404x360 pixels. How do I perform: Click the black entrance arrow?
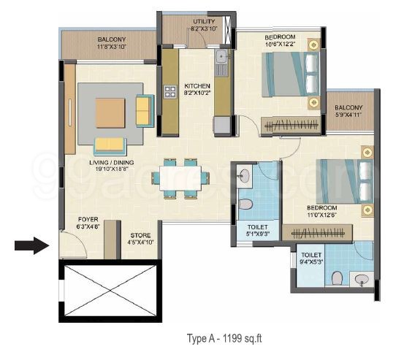[x=31, y=245]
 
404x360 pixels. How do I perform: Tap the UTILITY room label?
[x=204, y=21]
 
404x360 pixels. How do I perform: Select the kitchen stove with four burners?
[x=170, y=92]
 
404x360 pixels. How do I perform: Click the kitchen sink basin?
[x=221, y=56]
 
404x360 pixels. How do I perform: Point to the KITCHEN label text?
[x=197, y=85]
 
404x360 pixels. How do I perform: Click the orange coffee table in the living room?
[x=110, y=112]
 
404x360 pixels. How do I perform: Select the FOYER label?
[x=88, y=219]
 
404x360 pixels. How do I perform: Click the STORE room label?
[x=140, y=235]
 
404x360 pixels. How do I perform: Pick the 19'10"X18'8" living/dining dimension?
[x=112, y=169]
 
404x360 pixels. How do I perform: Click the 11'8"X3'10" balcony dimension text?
[x=112, y=47]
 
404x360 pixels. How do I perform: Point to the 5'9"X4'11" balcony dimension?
[x=349, y=115]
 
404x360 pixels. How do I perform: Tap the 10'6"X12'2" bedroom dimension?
[x=280, y=44]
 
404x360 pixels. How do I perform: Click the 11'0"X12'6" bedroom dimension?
[x=322, y=214]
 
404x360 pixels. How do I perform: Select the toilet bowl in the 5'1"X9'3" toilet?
[x=245, y=204]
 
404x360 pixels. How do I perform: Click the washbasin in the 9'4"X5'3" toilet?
[x=361, y=279]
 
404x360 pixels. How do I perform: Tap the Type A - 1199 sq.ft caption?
[x=224, y=338]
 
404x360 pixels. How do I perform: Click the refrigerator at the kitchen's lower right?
[x=221, y=125]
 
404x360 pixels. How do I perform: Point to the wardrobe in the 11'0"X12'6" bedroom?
[x=317, y=233]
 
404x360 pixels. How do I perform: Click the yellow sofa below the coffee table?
[x=110, y=147]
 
